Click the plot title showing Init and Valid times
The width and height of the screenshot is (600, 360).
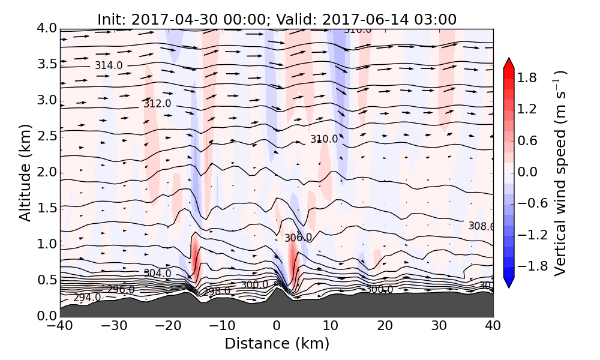(x=277, y=19)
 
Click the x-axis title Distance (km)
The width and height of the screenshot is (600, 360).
(x=277, y=344)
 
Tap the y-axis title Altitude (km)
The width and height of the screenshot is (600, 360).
(x=25, y=172)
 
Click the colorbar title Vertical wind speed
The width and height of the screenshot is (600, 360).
(x=560, y=172)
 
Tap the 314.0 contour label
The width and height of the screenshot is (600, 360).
(x=109, y=65)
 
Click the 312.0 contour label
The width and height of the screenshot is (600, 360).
(x=157, y=104)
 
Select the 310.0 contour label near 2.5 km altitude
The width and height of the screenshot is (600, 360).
(x=324, y=139)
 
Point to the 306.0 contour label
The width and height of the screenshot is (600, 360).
(x=298, y=238)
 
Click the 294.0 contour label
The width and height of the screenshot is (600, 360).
(x=87, y=298)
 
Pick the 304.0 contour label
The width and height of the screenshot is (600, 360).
(x=157, y=274)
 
